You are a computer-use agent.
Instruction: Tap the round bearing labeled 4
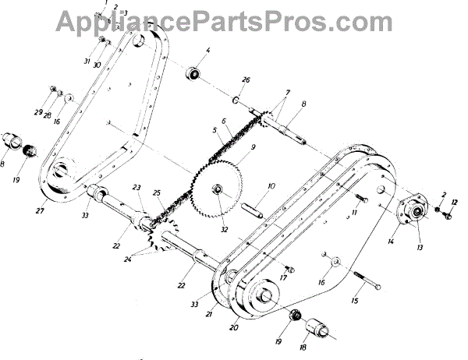[192, 75]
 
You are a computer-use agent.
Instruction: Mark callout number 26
[246, 80]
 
